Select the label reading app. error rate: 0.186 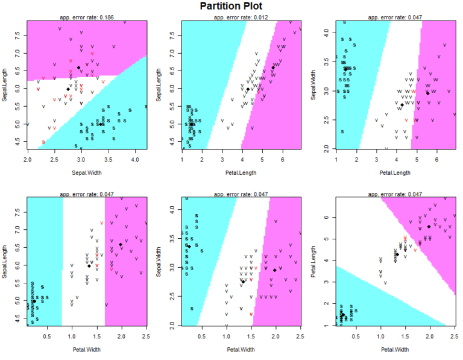[87, 17]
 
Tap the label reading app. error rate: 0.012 [241, 17]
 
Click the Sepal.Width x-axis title [87, 172]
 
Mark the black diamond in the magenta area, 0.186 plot [79, 68]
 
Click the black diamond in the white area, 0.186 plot [68, 89]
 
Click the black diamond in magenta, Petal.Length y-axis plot [429, 227]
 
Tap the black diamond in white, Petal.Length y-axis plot [397, 254]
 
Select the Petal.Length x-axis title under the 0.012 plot [241, 172]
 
